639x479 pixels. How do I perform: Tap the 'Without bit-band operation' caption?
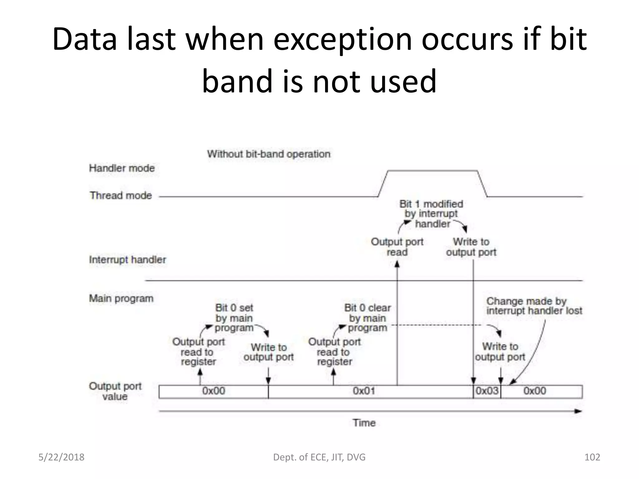coord(269,154)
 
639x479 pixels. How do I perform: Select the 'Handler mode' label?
coord(122,168)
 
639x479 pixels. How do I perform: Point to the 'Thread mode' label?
coord(121,196)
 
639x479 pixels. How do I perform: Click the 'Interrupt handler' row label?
coord(127,260)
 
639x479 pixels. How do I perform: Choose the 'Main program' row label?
coord(121,298)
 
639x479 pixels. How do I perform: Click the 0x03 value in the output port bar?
coord(487,391)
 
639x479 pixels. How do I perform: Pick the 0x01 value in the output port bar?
coord(364,391)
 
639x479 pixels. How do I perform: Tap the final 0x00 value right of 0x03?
coord(535,391)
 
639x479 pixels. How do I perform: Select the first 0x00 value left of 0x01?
coord(213,391)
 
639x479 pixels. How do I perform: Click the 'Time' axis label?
coord(364,423)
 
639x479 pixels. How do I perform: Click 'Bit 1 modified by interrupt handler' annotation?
coord(432,214)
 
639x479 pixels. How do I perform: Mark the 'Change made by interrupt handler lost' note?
coord(534,306)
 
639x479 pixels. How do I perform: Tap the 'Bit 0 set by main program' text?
coord(234,318)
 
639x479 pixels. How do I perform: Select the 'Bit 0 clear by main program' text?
coord(368,318)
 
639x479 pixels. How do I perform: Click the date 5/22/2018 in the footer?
coord(61,457)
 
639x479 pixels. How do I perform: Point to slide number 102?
coord(592,457)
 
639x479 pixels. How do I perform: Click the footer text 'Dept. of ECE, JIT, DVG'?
coord(319,457)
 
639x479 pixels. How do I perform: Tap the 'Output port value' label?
coord(115,391)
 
